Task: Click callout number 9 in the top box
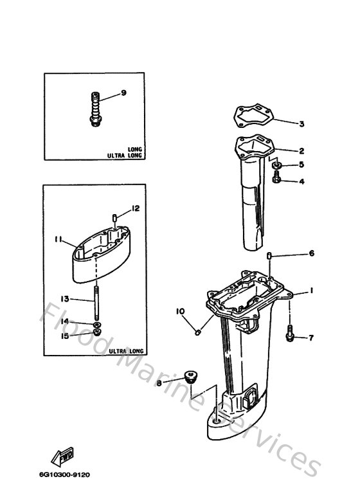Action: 123,93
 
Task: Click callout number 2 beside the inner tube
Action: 300,151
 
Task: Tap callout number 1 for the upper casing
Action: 310,291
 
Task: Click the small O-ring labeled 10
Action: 199,332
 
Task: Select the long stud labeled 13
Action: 95,303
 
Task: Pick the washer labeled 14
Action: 96,324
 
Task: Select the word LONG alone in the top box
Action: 135,149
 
